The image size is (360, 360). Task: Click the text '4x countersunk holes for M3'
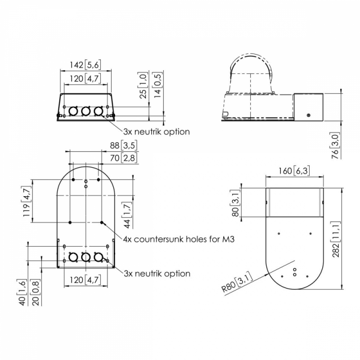click(179, 239)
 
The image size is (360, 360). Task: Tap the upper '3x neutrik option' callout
click(157, 132)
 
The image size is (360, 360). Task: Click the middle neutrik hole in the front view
click(85, 111)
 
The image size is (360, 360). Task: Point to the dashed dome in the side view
click(251, 73)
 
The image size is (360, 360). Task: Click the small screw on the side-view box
click(309, 115)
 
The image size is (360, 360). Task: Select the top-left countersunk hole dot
click(73, 180)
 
